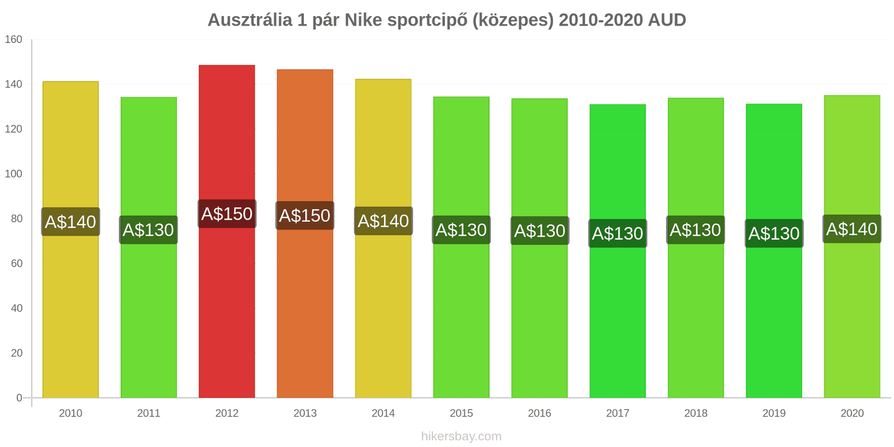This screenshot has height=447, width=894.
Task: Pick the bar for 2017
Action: (x=617, y=307)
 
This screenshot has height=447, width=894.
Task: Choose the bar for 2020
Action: (x=852, y=307)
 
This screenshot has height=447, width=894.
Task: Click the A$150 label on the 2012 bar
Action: (x=227, y=214)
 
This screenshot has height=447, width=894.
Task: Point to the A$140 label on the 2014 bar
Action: (x=383, y=221)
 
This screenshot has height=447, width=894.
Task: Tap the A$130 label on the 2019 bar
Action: (x=774, y=234)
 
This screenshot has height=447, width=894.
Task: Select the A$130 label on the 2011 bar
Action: (x=148, y=230)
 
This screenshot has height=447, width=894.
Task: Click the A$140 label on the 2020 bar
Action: (x=852, y=229)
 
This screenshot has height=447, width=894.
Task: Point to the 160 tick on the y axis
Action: (x=13, y=40)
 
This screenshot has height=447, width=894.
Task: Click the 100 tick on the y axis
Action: (x=13, y=174)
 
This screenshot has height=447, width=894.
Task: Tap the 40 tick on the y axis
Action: (x=17, y=308)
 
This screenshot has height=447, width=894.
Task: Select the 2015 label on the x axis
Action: (x=461, y=413)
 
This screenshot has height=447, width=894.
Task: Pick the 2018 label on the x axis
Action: (x=696, y=413)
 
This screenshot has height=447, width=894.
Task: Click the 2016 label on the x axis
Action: (x=539, y=413)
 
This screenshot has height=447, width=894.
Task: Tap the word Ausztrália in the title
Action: (x=250, y=20)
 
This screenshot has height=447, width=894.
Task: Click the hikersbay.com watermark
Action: (x=461, y=436)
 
